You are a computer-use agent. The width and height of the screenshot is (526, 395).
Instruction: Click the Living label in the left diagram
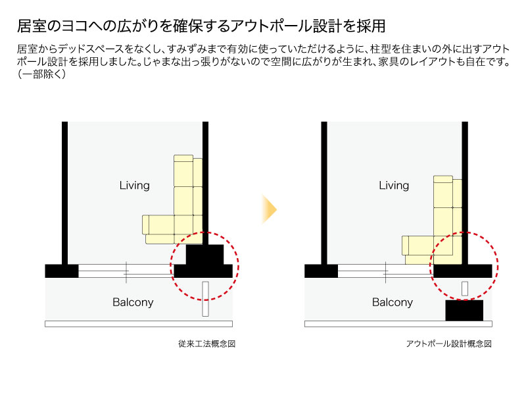134,185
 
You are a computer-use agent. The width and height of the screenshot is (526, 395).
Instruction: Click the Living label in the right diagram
394,186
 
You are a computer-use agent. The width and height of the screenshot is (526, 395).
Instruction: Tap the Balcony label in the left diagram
133,302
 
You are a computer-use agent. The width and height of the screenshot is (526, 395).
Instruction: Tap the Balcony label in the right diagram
393,302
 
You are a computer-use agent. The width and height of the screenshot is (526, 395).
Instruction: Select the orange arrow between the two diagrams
269,209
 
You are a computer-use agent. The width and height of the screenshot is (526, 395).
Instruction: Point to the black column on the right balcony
464,310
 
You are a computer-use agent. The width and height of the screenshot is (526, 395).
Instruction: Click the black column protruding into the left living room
205,254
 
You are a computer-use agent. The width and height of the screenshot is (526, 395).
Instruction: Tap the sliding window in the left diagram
125,270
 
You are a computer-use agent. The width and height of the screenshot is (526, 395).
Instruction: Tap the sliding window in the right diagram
385,270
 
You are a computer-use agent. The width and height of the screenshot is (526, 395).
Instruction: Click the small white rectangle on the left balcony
205,300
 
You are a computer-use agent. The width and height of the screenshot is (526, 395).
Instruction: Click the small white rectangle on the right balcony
464,288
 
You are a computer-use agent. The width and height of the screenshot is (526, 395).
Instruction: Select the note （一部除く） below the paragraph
41,74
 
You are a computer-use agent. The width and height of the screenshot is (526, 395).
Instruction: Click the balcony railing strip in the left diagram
138,324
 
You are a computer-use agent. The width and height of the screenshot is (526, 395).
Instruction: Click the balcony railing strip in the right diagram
398,324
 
